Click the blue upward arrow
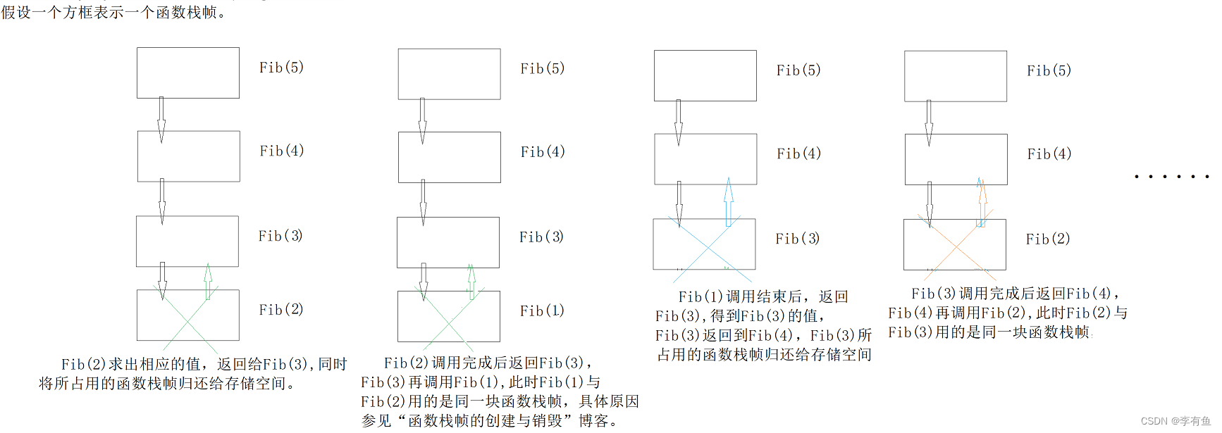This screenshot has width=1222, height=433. (729, 201)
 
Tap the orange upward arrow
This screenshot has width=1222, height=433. (982, 203)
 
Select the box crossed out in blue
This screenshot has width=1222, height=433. (704, 244)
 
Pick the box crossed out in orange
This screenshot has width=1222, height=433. (955, 244)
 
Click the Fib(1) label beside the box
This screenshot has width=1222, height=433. (542, 310)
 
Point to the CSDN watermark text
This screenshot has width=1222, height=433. (1175, 421)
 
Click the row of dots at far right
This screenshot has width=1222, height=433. (1171, 176)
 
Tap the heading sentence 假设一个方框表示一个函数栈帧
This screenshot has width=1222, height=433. (113, 12)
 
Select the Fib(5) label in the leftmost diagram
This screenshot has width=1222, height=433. (281, 68)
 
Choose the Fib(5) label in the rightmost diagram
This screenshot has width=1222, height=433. (1049, 70)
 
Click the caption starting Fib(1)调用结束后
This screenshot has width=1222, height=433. (764, 326)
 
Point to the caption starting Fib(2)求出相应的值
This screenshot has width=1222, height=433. (193, 374)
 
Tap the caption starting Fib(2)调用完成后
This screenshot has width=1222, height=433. (500, 391)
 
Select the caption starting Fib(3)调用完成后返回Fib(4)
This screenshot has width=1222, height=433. (1007, 313)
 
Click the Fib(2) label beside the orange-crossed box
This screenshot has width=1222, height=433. (1048, 239)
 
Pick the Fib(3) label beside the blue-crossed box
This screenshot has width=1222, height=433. (798, 239)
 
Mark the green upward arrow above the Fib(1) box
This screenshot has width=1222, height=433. (471, 281)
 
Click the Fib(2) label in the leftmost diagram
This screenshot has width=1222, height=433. (280, 310)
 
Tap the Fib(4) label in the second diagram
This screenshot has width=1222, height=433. (543, 152)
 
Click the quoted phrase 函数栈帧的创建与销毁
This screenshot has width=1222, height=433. (486, 421)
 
